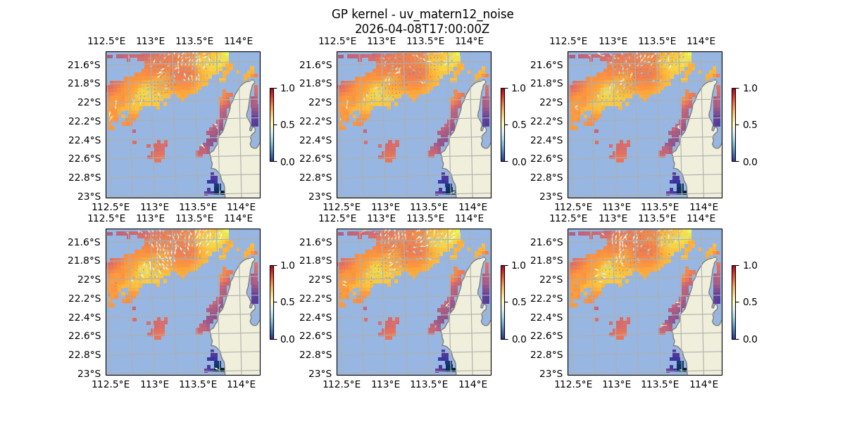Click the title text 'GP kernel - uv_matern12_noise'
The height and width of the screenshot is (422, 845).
click(423, 14)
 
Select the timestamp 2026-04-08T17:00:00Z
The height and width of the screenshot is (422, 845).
click(423, 29)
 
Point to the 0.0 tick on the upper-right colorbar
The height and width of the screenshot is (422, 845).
click(748, 161)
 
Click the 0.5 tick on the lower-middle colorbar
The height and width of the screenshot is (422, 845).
click(517, 302)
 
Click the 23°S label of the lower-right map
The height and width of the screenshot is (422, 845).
click(553, 373)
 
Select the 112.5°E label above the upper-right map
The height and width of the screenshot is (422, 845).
click(575, 41)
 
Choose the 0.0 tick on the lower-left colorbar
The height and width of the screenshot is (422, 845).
click(286, 338)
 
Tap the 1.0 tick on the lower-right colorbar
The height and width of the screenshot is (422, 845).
click(748, 265)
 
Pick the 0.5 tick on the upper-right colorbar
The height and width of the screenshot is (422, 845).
click(748, 124)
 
